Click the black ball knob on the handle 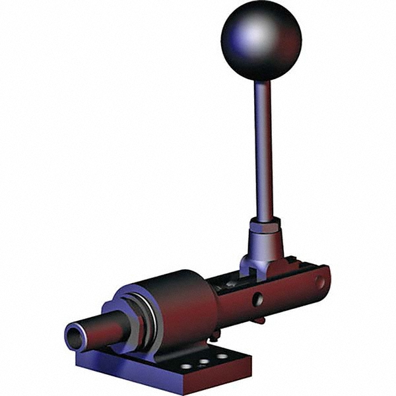tap(261, 40)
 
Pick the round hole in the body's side tap(257, 299)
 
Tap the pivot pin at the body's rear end tap(320, 282)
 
